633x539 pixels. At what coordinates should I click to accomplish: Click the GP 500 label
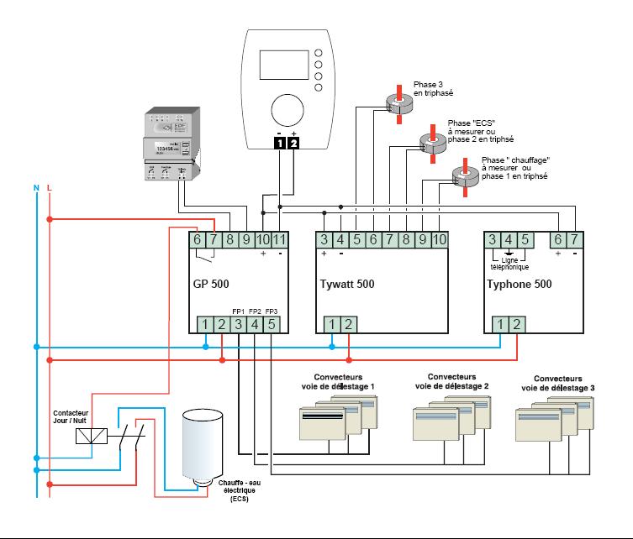pos(211,284)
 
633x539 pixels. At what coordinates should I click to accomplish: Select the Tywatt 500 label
pos(347,284)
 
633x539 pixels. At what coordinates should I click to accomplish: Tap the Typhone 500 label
pos(519,284)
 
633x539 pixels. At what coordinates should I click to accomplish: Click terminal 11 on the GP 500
pos(280,240)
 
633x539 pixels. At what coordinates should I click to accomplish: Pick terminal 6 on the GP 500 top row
pos(198,240)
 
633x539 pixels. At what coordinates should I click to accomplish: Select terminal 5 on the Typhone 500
pos(525,240)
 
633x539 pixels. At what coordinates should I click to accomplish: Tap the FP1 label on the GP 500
pos(238,311)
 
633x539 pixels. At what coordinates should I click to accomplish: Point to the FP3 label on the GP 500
pos(271,311)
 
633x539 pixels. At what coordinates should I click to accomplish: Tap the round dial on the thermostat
pos(285,109)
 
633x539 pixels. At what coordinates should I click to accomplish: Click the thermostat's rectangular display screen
pos(282,65)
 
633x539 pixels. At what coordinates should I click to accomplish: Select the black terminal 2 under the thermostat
pos(293,143)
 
